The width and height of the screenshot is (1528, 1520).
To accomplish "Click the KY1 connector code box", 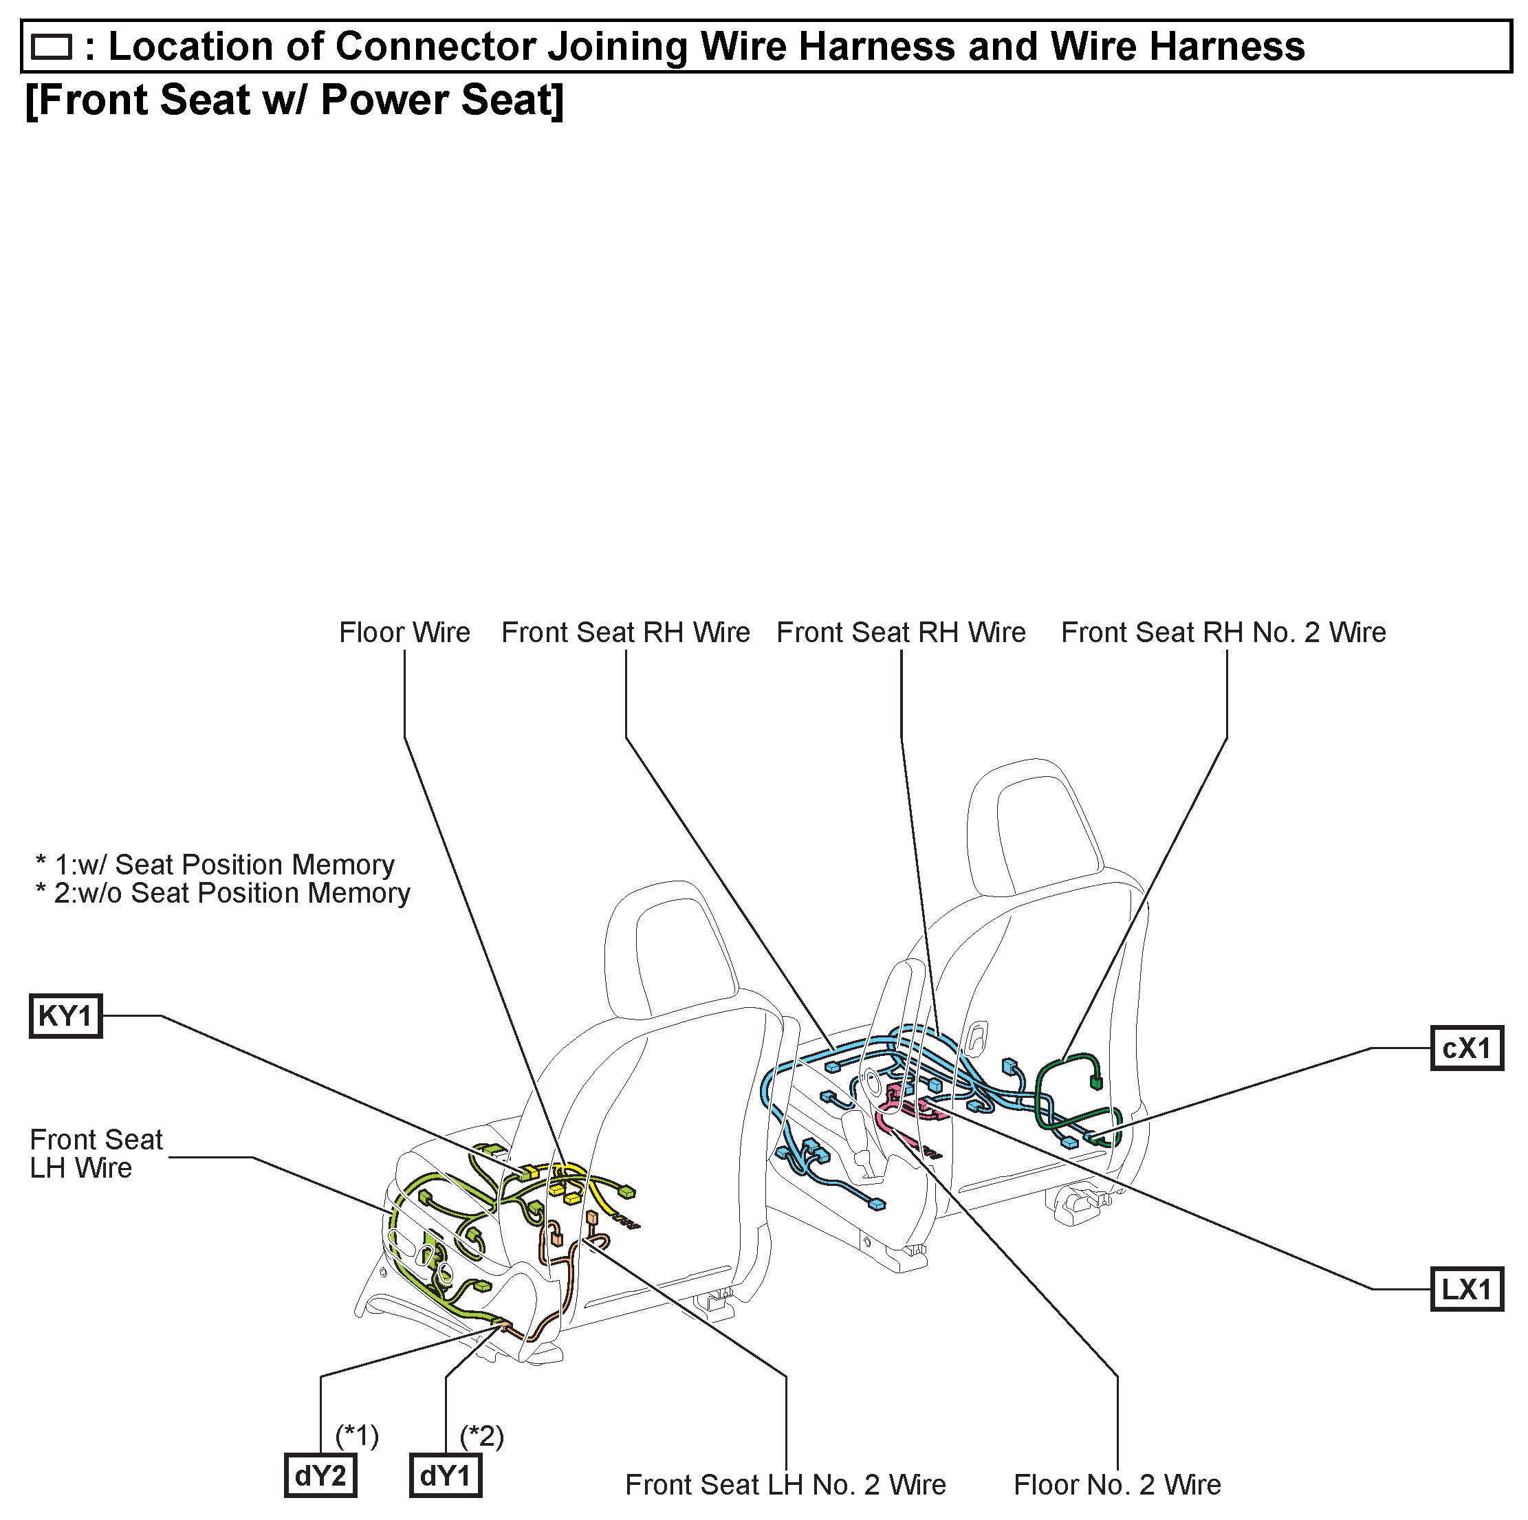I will (65, 1016).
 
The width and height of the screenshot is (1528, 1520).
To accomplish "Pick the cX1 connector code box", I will (1466, 1048).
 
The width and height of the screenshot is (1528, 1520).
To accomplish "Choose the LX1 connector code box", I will (1466, 1290).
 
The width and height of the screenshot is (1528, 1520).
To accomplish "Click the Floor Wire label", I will (404, 632).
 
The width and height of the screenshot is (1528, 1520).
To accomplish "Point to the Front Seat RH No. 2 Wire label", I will (1223, 632).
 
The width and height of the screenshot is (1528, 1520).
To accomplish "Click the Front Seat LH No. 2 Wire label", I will (785, 1485).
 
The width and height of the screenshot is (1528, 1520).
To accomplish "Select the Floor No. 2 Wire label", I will (1117, 1485).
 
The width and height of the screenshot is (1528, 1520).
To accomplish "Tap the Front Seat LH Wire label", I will (96, 1154).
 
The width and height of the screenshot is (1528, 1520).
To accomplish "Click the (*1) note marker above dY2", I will (358, 1435).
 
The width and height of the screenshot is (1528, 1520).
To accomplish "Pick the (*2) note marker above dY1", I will (481, 1435).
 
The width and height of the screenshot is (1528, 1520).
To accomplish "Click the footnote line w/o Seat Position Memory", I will (223, 894).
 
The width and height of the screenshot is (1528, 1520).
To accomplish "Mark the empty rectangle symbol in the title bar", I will (52, 47).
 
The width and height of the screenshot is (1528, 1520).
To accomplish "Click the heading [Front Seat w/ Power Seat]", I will (295, 100).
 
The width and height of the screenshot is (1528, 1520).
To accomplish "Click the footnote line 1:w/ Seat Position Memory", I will (216, 865).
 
